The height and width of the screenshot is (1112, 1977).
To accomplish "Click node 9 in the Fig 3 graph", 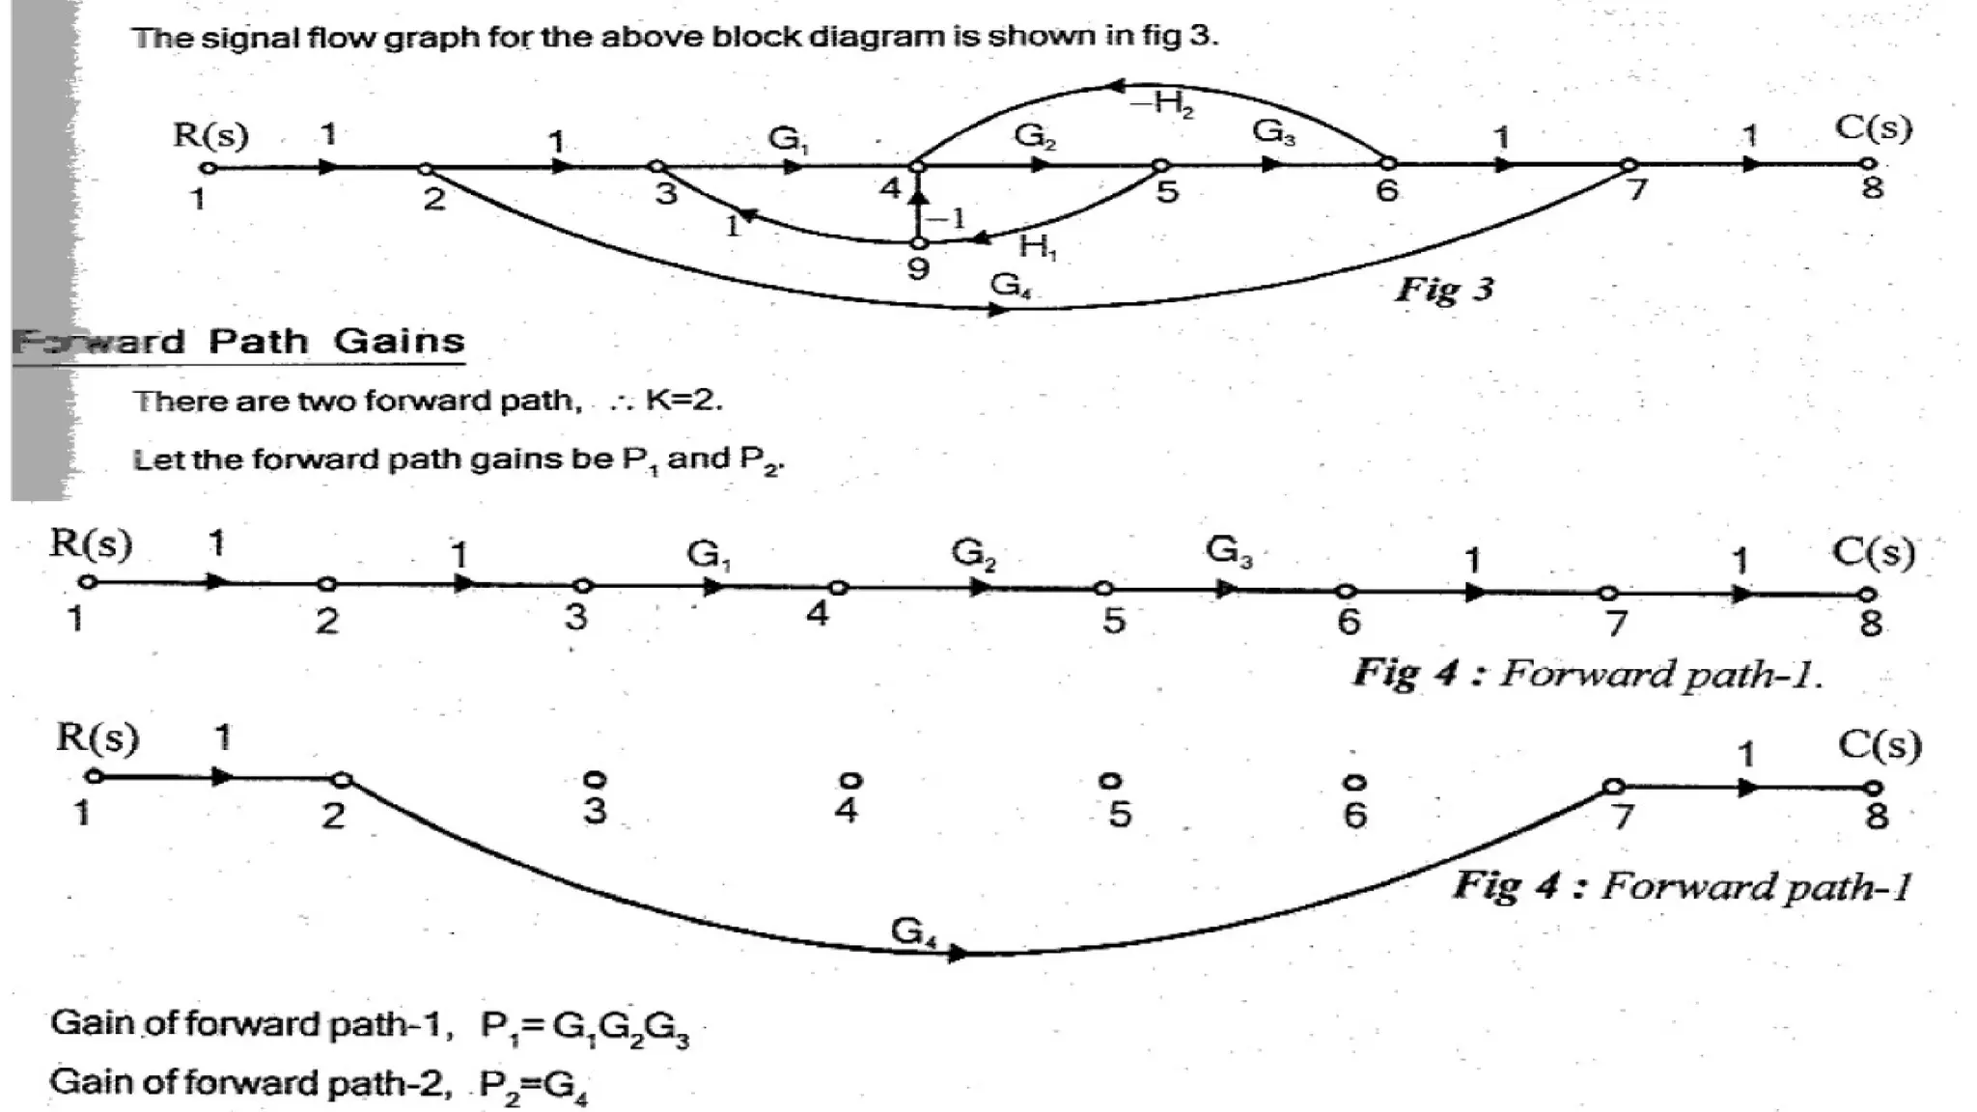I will click(x=918, y=243).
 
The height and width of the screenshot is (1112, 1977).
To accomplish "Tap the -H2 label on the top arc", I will click(x=1162, y=102).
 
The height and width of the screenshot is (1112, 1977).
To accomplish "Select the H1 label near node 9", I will click(x=1038, y=248).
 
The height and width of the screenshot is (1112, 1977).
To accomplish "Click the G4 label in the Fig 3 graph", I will click(x=1010, y=285).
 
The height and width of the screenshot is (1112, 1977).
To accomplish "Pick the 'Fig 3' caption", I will click(x=1444, y=289).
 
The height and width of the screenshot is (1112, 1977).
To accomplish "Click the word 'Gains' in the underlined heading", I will click(x=399, y=342).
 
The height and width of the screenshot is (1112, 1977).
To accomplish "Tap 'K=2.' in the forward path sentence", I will click(x=683, y=400).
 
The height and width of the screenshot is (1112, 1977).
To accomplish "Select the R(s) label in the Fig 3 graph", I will click(x=210, y=134).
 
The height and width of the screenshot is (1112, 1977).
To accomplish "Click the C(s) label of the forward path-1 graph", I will click(x=1873, y=551).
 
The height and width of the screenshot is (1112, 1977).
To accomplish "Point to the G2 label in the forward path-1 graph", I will click(x=973, y=553).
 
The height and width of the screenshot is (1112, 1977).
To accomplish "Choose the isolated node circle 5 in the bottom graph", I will click(x=1110, y=780).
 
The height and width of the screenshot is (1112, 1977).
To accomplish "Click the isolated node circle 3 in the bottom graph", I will click(x=595, y=778).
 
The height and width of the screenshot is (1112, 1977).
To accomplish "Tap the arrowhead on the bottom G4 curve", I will click(x=958, y=954).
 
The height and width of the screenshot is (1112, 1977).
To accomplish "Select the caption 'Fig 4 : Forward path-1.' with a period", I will click(x=1587, y=673).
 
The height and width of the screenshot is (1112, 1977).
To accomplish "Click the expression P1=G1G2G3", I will click(x=585, y=1026).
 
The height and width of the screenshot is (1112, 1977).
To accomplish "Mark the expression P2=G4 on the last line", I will click(x=533, y=1086).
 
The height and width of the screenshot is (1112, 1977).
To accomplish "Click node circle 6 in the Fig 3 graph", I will click(x=1387, y=163).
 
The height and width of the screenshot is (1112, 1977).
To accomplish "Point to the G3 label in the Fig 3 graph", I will click(x=1273, y=131).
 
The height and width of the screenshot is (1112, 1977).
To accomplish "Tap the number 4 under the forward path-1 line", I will click(x=817, y=613).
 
